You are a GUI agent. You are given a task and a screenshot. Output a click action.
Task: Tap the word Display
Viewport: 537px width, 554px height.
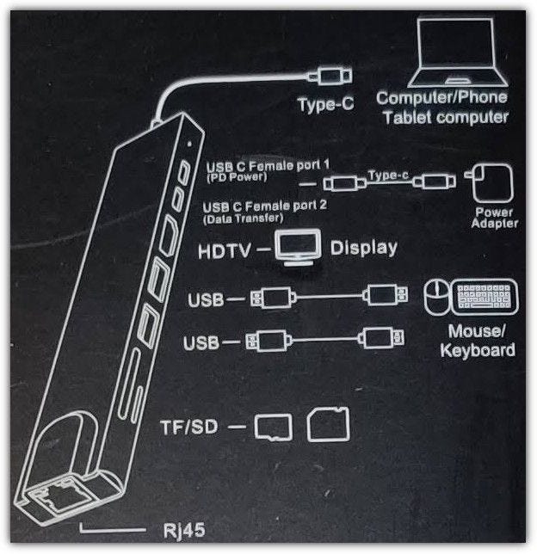click(x=364, y=249)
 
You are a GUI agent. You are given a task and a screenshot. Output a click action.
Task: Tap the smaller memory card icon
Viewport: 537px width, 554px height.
click(x=275, y=427)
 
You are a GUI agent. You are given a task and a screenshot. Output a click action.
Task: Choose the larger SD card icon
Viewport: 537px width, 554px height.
click(x=328, y=424)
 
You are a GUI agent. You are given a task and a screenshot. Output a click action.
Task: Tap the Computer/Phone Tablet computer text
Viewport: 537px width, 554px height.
click(x=442, y=108)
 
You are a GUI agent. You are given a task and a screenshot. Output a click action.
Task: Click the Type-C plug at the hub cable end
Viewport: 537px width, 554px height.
click(x=328, y=76)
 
